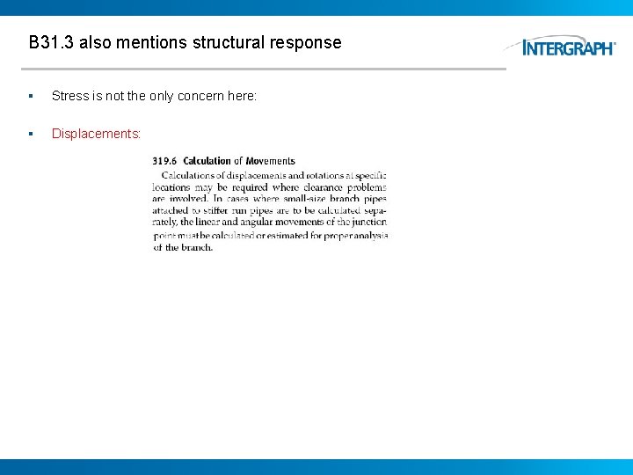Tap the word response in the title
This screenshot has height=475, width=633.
[309, 42]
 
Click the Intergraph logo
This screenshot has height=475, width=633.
[567, 47]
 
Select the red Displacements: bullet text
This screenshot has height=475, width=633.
[96, 134]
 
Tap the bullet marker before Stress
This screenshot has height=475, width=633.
[31, 95]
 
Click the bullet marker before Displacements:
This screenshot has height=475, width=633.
[31, 134]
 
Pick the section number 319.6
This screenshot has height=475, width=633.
[164, 161]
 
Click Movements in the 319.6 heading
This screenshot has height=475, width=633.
[271, 161]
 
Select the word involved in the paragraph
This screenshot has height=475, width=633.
[191, 200]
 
